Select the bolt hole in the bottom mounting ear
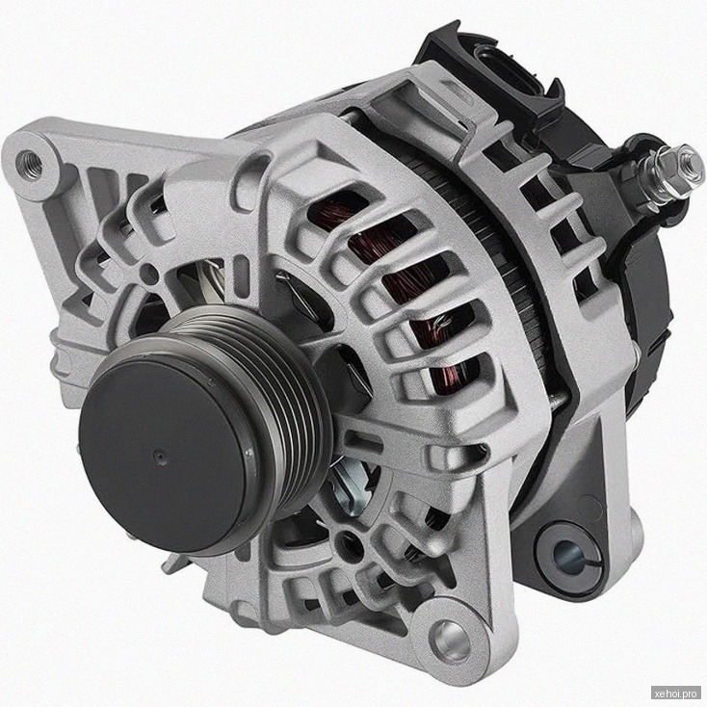(450, 641)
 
